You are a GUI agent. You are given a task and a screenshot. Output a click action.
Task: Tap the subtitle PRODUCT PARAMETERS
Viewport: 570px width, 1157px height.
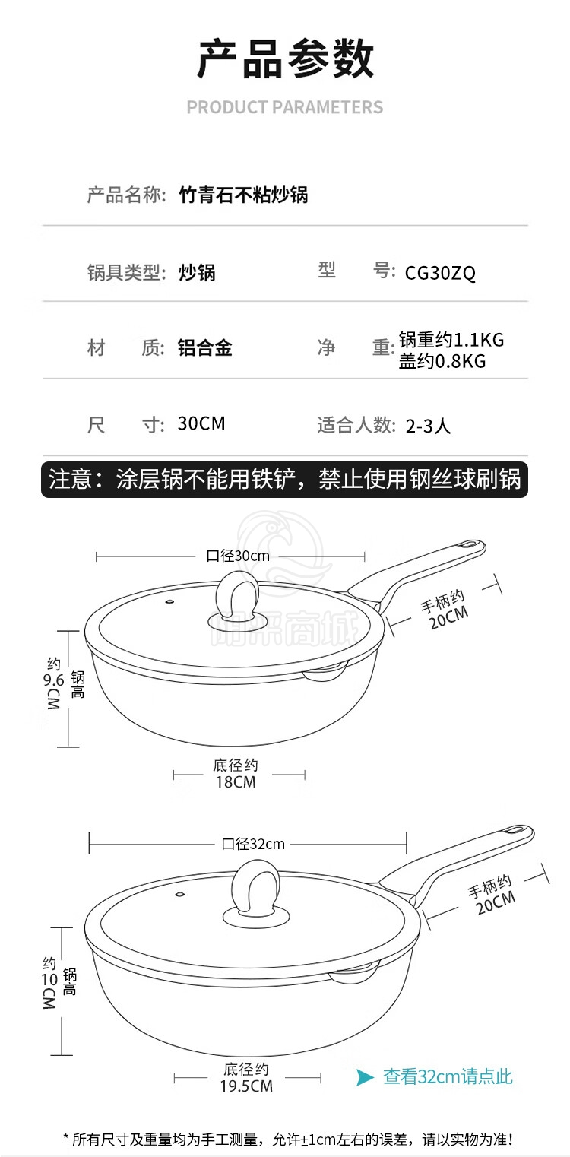pos(285,107)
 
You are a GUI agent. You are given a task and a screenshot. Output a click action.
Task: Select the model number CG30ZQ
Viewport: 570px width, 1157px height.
pos(440,273)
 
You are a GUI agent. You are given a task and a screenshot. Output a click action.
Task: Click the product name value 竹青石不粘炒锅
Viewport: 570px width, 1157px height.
pos(243,195)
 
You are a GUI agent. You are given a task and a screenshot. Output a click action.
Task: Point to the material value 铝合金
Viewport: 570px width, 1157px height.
pos(205,347)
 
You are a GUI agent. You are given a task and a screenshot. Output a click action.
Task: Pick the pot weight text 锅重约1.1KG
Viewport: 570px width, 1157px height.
pos(451,339)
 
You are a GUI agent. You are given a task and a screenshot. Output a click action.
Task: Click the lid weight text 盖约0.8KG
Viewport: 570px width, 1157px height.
pos(442,361)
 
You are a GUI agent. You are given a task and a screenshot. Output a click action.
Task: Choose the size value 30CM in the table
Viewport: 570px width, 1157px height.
pos(201,423)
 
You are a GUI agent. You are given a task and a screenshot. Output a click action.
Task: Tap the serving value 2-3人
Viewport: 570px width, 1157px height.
pos(428,426)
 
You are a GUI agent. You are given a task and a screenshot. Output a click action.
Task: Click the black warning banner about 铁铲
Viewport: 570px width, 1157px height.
pos(284,480)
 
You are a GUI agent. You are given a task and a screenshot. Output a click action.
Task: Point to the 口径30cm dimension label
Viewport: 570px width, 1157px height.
pos(237,556)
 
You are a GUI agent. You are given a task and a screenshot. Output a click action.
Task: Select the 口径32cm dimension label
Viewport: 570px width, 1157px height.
pos(253,844)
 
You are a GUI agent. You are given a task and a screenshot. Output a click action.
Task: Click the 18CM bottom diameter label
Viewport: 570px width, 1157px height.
pos(236,782)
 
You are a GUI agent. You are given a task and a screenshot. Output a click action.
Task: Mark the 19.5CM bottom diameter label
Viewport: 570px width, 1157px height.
pos(246,1086)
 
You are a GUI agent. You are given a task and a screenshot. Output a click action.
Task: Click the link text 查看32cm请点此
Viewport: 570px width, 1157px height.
pos(448,1077)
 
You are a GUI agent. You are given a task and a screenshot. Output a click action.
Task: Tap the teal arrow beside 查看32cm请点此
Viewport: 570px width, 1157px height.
pos(365,1077)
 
